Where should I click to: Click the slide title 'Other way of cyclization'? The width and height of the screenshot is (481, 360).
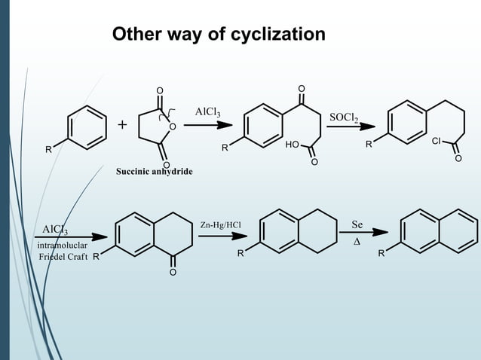219,35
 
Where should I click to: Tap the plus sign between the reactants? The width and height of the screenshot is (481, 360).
122,125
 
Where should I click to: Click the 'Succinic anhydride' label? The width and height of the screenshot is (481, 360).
154,172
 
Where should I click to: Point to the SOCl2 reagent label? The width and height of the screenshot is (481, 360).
344,117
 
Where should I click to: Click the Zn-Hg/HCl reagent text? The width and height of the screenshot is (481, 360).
221,224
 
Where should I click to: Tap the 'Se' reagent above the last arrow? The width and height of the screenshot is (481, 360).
357,224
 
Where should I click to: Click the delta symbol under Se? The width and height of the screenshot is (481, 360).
357,243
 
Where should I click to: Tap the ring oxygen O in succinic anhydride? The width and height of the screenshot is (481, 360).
173,127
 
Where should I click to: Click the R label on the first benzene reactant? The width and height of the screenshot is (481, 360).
48,149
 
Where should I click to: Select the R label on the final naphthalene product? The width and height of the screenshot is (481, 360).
381,254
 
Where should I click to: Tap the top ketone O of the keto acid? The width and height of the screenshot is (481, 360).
302,89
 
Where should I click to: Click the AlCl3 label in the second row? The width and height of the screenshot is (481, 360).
55,229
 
